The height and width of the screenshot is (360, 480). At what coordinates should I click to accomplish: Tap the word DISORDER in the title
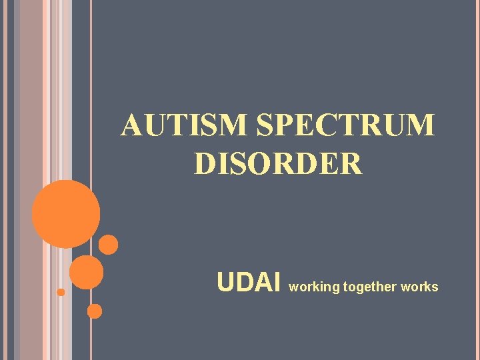[278, 163]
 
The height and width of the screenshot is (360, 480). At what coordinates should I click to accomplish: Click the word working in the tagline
[314, 287]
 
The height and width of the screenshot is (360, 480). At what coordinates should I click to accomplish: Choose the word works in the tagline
[420, 287]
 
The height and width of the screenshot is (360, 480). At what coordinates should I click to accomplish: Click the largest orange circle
[66, 214]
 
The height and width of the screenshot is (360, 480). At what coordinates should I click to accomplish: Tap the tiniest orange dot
[61, 292]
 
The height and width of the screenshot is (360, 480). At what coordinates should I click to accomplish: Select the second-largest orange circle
[87, 272]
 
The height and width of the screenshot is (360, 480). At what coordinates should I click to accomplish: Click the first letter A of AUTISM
[131, 125]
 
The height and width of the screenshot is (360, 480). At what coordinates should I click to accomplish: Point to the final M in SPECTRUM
[421, 125]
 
